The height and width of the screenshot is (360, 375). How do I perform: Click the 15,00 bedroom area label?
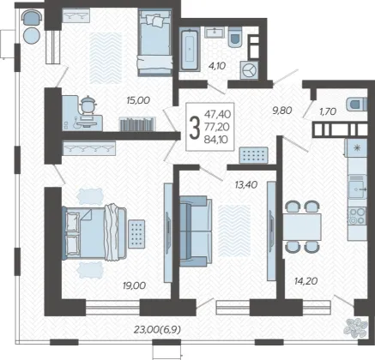coord(138,100)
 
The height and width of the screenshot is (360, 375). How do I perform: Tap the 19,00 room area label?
coord(134,285)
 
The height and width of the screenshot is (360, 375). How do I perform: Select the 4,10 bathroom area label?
coord(217,66)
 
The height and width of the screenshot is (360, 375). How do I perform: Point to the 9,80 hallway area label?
coord(282,111)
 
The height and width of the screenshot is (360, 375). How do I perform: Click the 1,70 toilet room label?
coord(328,111)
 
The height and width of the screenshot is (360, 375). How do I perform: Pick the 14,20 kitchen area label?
coord(306,281)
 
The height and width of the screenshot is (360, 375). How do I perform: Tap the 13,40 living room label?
coord(246,185)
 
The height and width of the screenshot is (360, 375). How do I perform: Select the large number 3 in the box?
coord(195,128)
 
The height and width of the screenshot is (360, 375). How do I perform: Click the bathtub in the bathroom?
coord(190,49)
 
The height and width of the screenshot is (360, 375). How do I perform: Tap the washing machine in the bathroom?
coord(250,70)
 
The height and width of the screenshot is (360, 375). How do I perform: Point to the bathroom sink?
coord(215,33)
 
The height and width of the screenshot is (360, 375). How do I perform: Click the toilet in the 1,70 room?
coord(356,104)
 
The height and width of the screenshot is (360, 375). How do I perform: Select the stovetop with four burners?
coord(357,216)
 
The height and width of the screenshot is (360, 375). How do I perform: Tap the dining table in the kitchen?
coord(302,227)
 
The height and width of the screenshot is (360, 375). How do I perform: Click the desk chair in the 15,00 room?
coord(88,105)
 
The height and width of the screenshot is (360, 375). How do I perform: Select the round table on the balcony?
coord(32,35)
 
